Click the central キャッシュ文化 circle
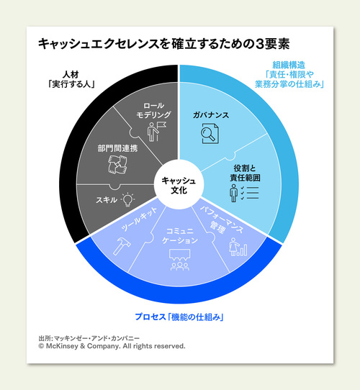pos(179,184)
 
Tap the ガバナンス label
pos(211,115)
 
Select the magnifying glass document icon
pos(210,134)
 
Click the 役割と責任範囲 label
pos(245,173)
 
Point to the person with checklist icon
pos(244,193)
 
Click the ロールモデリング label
pos(153,110)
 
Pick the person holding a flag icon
pos(156,132)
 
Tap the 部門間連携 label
pos(117,148)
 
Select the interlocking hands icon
pos(117,164)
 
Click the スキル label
pos(107,200)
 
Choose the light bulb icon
pos(127,199)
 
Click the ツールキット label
pos(139,219)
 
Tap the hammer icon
pos(122,246)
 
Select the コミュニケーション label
pos(180,236)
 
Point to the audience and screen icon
pos(180,260)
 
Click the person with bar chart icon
pos(238,247)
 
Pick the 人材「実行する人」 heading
pos(71,79)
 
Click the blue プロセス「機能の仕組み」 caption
pos(179,317)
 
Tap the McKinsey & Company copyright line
pos(112,346)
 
